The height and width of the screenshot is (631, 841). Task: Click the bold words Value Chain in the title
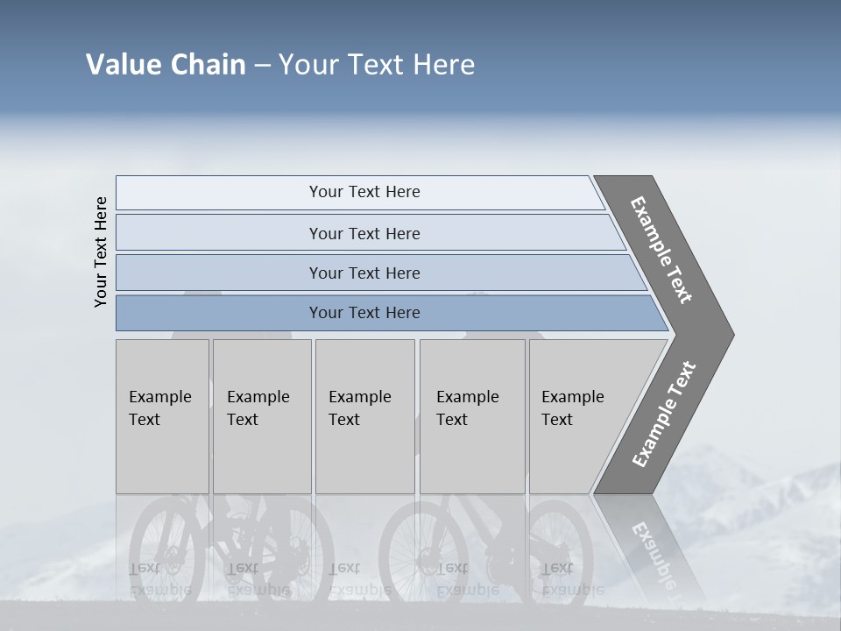166,65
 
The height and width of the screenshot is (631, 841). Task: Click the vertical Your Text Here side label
102,252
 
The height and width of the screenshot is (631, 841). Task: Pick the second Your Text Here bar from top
364,233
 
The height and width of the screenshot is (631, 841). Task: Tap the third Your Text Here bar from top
364,273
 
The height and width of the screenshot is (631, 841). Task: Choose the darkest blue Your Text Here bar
364,313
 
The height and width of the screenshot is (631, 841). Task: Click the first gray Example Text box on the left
162,416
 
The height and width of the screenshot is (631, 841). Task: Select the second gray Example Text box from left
262,416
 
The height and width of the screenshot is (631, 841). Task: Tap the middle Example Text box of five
364,416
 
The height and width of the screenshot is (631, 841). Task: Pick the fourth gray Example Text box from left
472,416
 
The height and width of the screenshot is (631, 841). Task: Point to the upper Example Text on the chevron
661,250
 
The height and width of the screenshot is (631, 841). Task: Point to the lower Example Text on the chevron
663,415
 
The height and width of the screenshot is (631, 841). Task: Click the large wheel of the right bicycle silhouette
420,548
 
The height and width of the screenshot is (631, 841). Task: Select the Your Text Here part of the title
377,65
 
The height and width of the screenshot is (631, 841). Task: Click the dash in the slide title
262,66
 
